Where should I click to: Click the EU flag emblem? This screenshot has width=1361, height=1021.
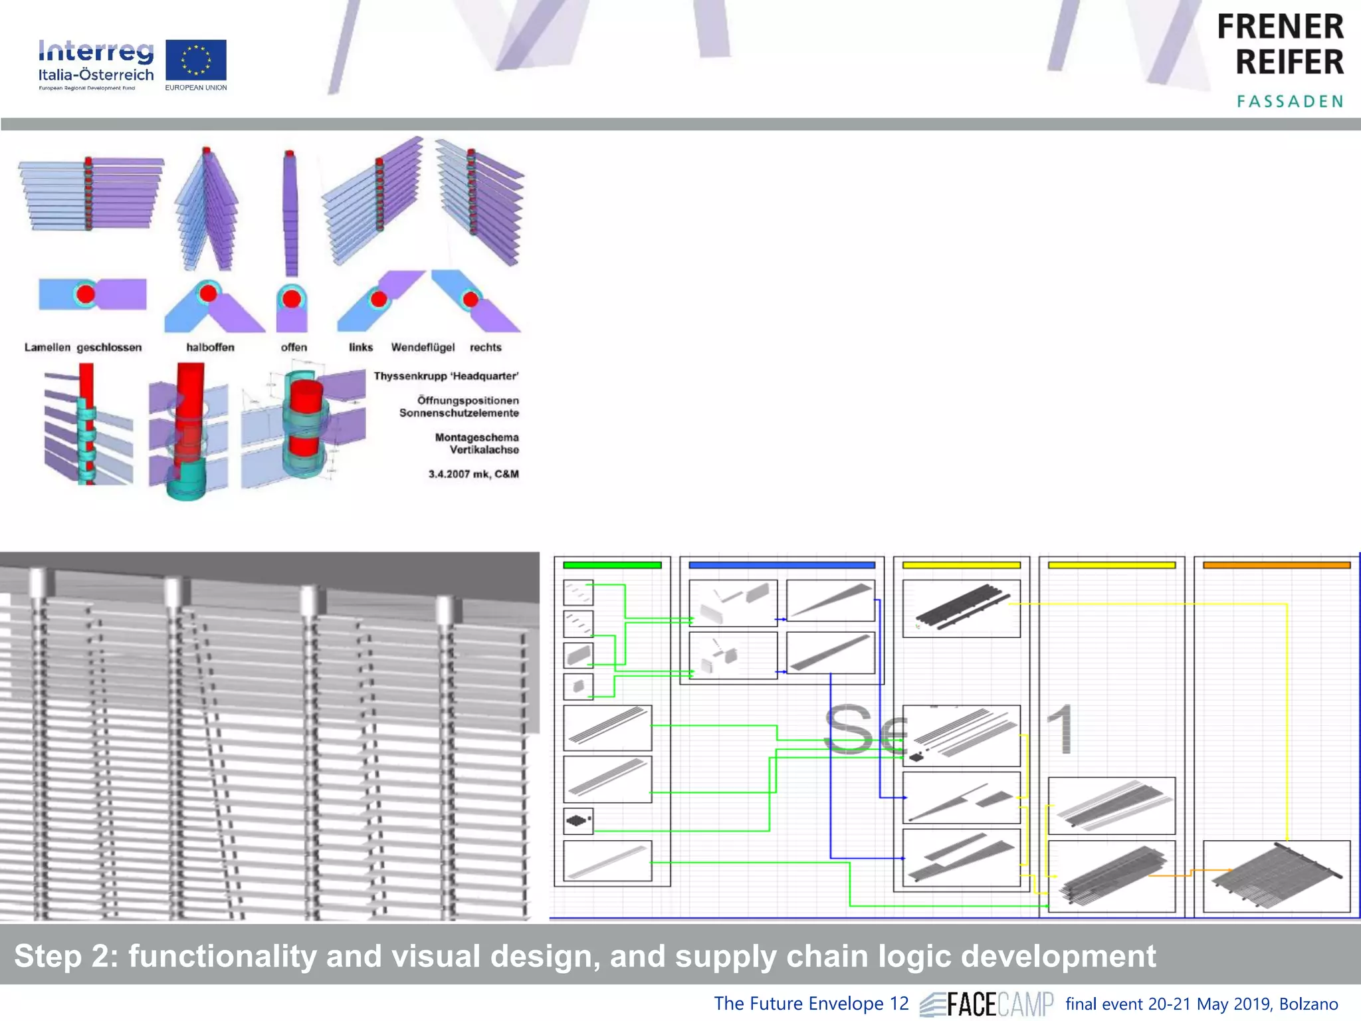point(195,60)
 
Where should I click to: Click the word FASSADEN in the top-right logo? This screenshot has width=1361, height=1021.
point(1289,102)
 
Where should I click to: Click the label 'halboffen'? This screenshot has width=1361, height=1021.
point(210,347)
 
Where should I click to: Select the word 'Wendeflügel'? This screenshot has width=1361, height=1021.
point(423,347)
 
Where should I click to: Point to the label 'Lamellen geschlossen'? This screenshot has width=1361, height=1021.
point(83,347)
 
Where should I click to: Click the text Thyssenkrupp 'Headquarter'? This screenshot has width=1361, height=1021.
point(446,376)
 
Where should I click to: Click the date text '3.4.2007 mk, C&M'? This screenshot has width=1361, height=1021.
point(473,474)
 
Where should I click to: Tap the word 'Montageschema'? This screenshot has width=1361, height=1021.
point(476,437)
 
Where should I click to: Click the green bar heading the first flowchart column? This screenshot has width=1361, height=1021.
point(612,565)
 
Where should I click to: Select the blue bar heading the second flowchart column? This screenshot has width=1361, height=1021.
point(782,565)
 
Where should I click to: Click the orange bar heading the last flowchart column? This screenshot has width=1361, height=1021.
point(1276,565)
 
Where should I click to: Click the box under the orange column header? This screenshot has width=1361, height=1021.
point(1276,876)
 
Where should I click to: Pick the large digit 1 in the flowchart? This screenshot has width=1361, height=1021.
point(1062,729)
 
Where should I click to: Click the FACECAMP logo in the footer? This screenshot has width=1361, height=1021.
point(988,1004)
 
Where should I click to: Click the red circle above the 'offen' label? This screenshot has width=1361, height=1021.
point(292,298)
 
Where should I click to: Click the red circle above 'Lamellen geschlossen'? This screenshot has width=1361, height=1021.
point(86,294)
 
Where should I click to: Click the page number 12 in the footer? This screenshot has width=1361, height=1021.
point(898,1003)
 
